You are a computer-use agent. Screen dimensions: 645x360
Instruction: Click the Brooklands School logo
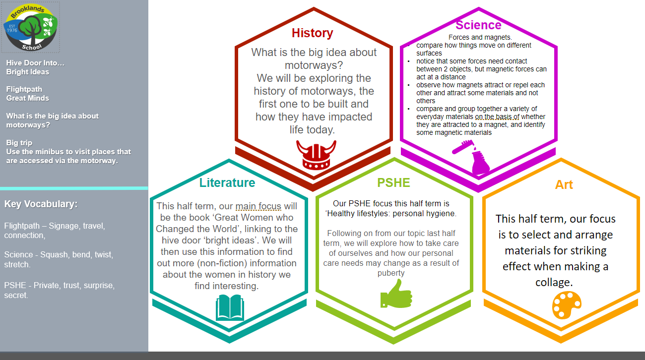pos(31,27)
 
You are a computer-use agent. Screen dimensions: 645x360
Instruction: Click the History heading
pos(313,33)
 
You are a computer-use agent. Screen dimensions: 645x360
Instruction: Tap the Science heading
pos(478,25)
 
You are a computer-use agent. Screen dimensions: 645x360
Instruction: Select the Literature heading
pos(227,183)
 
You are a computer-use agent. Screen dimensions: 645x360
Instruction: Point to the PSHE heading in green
pos(393,183)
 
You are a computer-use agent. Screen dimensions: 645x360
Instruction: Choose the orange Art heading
pos(564,185)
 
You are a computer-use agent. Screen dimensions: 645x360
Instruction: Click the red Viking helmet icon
pos(316,155)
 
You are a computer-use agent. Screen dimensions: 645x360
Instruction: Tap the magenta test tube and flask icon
pos(471,157)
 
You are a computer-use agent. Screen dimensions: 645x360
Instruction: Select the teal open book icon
pos(230,307)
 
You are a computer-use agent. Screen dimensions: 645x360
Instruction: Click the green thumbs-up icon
pos(396,294)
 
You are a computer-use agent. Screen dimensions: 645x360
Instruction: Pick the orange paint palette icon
pos(567,305)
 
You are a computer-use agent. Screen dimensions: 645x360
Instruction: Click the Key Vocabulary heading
pos(41,204)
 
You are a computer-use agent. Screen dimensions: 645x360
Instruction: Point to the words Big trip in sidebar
pos(19,143)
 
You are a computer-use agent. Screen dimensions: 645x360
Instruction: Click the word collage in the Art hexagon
pos(554,282)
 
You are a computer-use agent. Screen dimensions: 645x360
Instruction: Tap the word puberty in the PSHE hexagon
pos(391,273)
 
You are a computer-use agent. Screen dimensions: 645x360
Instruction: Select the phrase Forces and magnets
pos(480,37)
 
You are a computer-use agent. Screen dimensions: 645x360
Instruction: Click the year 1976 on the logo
pos(12,30)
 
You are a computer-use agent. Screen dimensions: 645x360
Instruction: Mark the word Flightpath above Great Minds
pos(24,89)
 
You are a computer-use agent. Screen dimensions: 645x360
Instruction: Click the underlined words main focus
pos(258,206)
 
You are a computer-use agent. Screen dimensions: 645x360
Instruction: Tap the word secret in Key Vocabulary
pos(16,295)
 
